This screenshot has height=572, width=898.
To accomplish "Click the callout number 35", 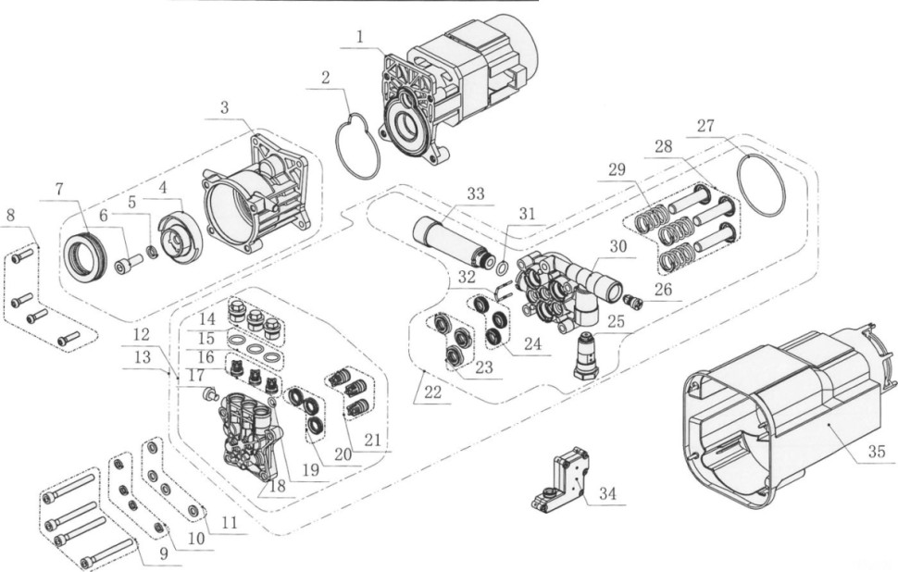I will coord(876,452).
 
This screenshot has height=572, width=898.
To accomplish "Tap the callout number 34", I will coord(606,494).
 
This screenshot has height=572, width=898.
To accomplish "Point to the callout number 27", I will coord(705,126).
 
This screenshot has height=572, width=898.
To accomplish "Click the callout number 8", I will coord(11,216).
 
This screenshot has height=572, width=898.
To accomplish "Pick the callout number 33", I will coord(476,194).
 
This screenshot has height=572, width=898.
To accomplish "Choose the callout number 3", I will coord(223,107).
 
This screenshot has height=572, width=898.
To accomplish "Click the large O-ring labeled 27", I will coord(763,186).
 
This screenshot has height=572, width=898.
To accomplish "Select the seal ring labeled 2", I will coord(355,145).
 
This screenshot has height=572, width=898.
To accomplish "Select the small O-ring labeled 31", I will coord(501,269).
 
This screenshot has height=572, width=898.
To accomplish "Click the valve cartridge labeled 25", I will coord(586,355).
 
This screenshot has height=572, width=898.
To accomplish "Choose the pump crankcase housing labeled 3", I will coord(257,190).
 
